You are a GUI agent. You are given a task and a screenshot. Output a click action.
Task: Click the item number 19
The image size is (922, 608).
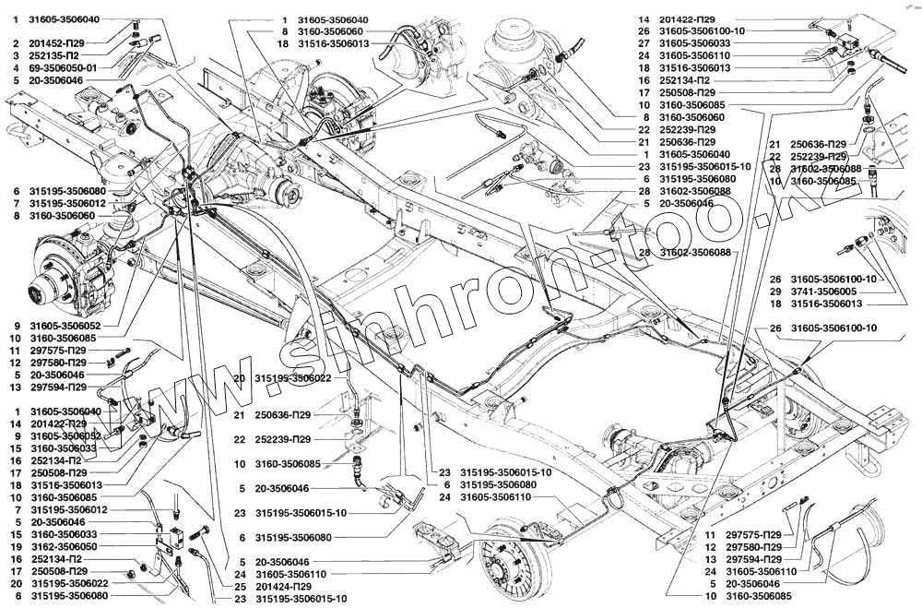coord(14,545)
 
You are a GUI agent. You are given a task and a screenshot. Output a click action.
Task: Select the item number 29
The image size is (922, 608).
coord(775,291)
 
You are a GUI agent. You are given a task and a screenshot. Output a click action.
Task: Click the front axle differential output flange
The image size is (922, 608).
coord(293,194)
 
